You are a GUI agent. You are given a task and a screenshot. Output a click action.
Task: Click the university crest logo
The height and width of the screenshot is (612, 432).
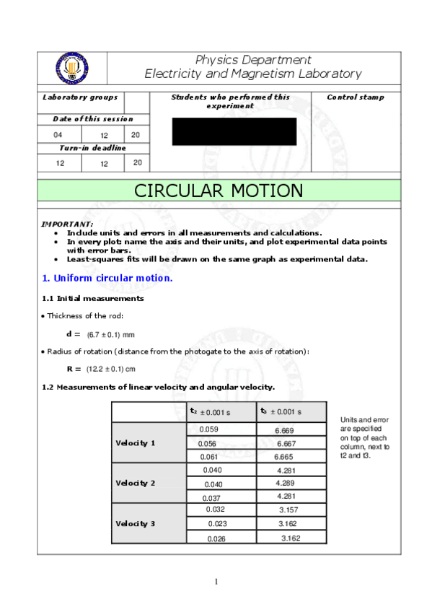coord(71,69)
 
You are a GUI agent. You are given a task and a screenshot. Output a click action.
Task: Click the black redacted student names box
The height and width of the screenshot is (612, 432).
coord(234,131)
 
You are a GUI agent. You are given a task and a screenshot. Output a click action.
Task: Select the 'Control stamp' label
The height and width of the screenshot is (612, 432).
coord(356,97)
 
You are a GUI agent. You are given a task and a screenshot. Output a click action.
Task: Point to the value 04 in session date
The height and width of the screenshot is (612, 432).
coord(58,135)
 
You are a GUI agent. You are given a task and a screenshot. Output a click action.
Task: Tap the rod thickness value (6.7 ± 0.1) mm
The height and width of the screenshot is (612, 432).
coord(110,335)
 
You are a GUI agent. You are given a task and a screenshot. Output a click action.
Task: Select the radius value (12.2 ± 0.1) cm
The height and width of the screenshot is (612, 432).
coord(111,369)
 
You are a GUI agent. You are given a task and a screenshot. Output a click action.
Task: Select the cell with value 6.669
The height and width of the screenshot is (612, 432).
coord(284,430)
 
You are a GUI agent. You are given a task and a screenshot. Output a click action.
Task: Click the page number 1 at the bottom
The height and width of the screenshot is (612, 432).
coord(216,582)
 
